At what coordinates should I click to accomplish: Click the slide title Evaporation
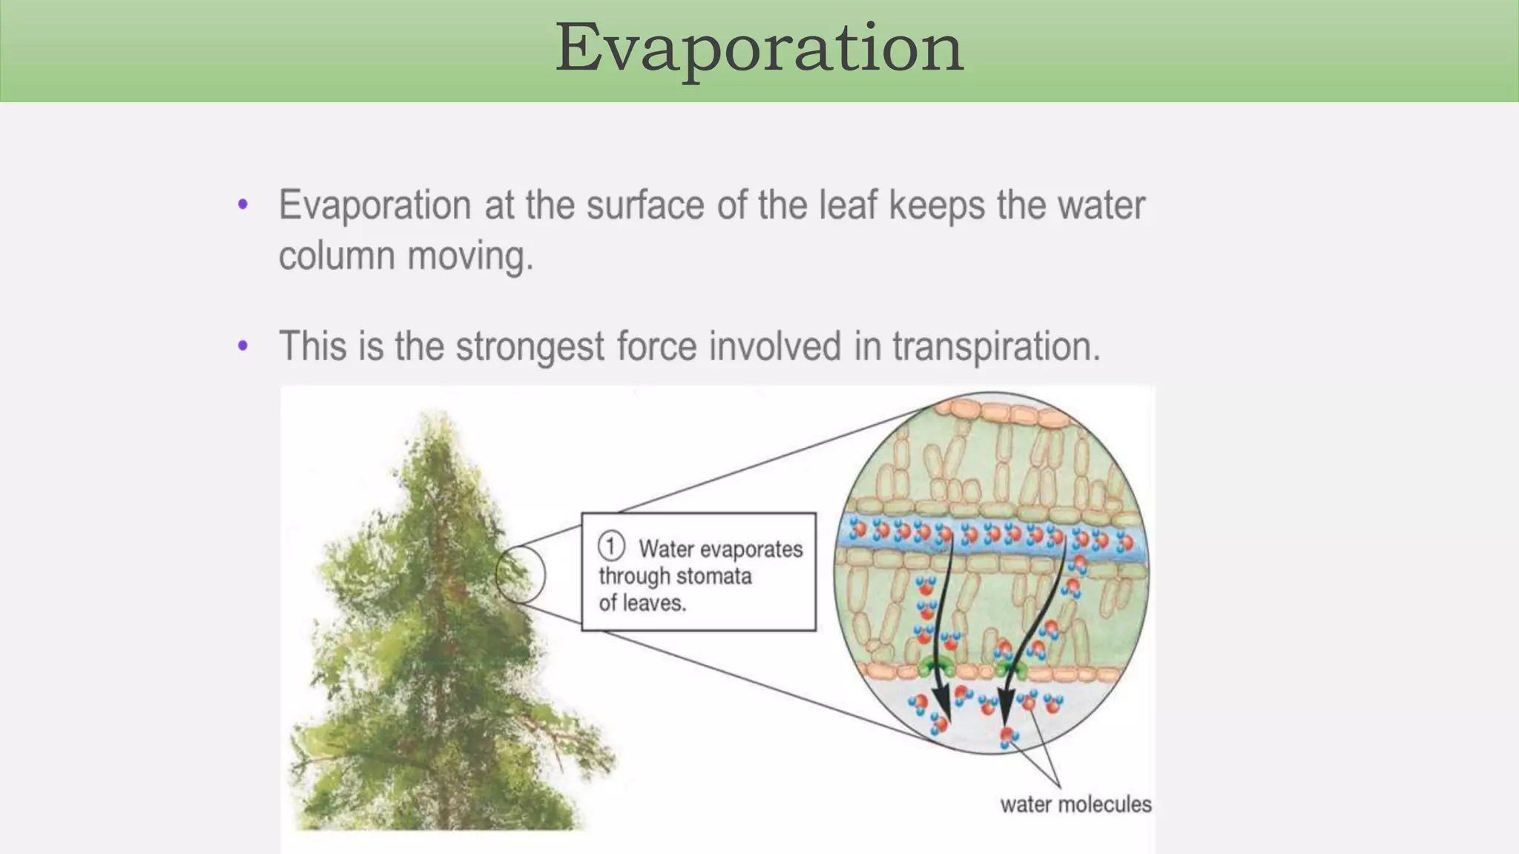[759, 48]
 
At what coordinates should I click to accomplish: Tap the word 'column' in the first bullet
[336, 256]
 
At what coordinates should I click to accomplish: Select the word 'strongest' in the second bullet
[530, 346]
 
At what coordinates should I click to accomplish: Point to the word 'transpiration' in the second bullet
[995, 346]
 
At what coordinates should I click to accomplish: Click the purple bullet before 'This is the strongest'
[243, 345]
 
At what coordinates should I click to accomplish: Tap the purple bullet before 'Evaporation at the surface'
[243, 205]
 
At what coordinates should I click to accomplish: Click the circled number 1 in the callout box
[611, 547]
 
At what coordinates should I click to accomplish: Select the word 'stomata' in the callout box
[714, 576]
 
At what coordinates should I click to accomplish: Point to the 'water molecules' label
[1075, 804]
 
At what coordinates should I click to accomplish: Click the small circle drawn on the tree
[520, 574]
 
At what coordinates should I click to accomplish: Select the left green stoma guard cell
[928, 666]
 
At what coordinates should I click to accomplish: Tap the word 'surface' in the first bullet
[645, 205]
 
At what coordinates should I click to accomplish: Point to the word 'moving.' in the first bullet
[470, 256]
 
